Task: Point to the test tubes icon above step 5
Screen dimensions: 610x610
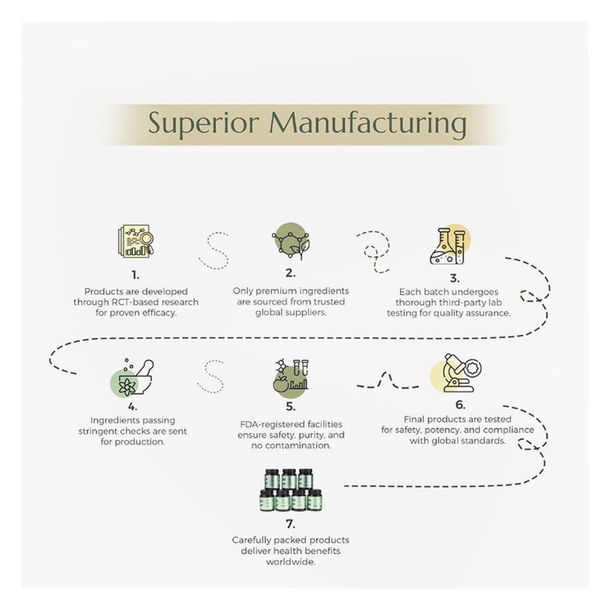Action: [290, 378]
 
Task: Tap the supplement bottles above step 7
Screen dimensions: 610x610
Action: [290, 490]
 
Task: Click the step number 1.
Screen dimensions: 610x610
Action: [135, 275]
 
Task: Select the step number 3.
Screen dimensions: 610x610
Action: [454, 278]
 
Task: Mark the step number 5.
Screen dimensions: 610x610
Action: [290, 407]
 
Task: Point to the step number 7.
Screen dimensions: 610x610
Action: [291, 524]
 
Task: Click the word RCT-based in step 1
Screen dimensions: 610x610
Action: [128, 301]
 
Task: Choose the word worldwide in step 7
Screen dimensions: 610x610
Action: [291, 561]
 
